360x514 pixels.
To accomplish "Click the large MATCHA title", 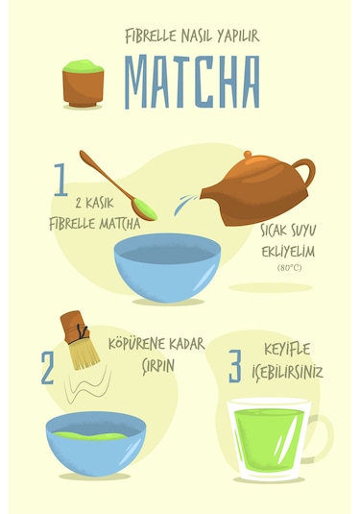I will tap(192, 83).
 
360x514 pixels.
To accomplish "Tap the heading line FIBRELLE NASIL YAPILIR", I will tap(192, 37).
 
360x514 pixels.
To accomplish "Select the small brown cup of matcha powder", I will tap(84, 85).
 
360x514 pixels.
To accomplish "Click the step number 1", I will tap(60, 181).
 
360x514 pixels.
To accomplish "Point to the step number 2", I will tap(47, 369).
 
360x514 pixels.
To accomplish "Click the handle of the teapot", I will tap(302, 175).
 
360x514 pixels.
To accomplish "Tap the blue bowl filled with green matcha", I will tap(96, 443).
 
